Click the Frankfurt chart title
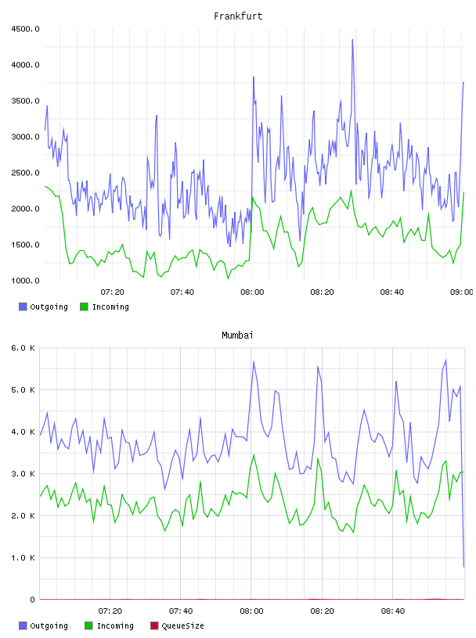click(x=238, y=16)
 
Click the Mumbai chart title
click(x=237, y=335)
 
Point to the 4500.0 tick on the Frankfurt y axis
click(x=25, y=29)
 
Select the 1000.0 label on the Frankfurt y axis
click(x=25, y=281)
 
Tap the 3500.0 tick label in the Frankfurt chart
click(x=25, y=101)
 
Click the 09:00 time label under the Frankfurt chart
click(x=461, y=292)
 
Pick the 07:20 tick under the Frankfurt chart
click(x=112, y=292)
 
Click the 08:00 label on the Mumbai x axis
click(x=251, y=611)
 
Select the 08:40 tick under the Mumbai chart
click(x=393, y=611)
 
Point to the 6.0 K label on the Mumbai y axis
click(x=23, y=348)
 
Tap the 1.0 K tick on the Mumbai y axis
click(x=23, y=557)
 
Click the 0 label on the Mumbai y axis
click(x=32, y=600)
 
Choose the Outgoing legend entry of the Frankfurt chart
click(x=44, y=306)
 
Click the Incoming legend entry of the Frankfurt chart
click(x=105, y=306)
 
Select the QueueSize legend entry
click(x=177, y=625)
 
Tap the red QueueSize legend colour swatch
click(x=154, y=625)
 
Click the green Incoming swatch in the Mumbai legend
click(x=88, y=625)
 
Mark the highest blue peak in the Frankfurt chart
click(x=352, y=40)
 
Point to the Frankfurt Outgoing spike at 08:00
click(x=254, y=77)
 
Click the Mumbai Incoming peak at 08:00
click(x=254, y=455)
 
